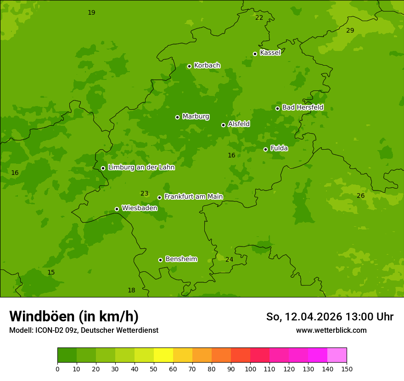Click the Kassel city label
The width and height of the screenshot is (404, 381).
(270, 53)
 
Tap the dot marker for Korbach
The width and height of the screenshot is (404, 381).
(189, 66)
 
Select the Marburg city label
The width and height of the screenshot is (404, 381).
(196, 117)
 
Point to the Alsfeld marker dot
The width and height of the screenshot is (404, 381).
(223, 125)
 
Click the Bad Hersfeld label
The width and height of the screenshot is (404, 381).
(303, 107)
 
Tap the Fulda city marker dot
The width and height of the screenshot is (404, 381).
(265, 149)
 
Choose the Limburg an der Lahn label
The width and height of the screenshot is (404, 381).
(141, 168)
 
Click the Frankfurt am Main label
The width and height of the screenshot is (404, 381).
(193, 197)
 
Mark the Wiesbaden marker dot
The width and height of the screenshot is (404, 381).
(117, 209)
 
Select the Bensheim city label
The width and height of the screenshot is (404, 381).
(181, 259)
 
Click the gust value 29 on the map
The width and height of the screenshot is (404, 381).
(350, 30)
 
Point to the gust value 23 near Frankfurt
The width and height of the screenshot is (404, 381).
(144, 194)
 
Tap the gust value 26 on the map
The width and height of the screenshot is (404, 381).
(360, 196)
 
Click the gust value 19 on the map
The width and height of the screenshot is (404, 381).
(91, 12)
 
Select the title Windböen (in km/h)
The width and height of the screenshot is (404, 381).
(74, 316)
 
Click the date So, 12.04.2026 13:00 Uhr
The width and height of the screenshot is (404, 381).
(330, 317)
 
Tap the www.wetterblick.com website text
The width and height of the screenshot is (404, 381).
(331, 331)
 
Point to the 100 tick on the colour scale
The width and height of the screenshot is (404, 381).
(250, 369)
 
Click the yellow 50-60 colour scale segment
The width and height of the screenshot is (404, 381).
(163, 355)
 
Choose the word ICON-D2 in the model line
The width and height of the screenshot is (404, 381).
(49, 331)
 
